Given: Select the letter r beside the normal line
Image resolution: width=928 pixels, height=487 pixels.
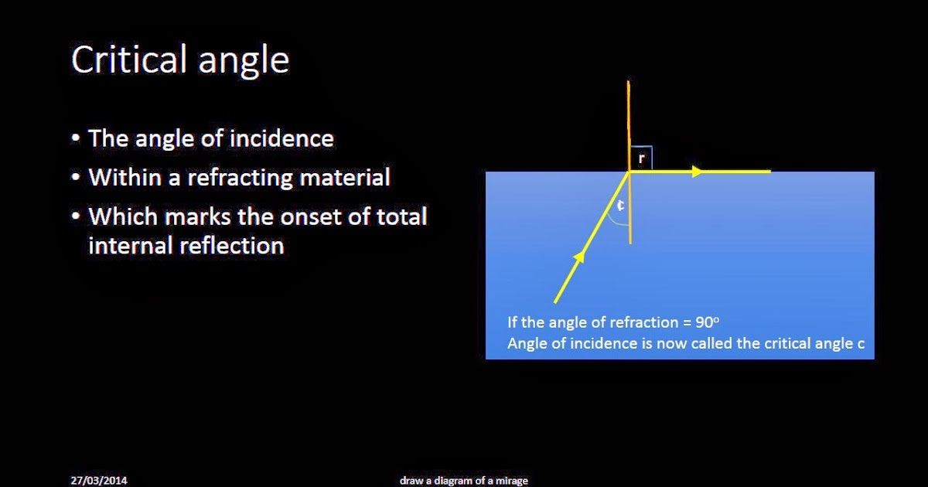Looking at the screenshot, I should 642,158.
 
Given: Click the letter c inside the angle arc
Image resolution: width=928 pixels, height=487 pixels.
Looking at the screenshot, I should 620,206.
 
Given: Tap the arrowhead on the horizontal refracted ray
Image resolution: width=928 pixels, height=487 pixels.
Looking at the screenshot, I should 698,172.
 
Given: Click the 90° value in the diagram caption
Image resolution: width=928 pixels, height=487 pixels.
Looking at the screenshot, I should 707,323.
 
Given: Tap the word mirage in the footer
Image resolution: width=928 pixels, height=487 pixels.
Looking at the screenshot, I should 511,481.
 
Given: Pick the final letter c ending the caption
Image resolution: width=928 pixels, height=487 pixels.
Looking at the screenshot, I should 861,344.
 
